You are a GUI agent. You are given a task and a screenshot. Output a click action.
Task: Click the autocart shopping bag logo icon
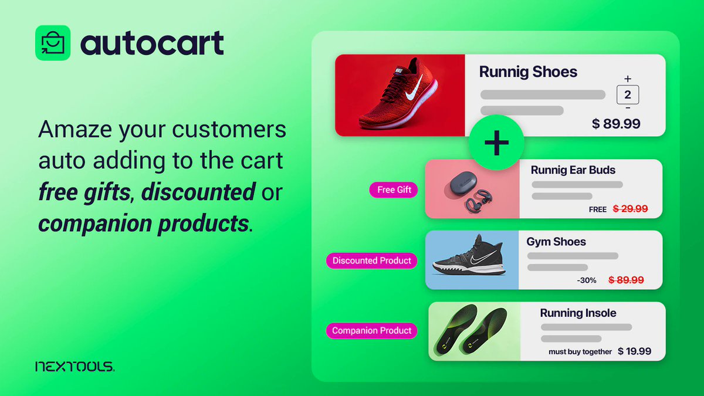pyautogui.click(x=53, y=43)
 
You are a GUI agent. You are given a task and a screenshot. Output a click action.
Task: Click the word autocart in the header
pyautogui.click(x=152, y=43)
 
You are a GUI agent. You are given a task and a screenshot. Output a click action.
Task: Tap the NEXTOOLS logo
pyautogui.click(x=75, y=367)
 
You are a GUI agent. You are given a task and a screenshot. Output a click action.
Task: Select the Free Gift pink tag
pyautogui.click(x=394, y=189)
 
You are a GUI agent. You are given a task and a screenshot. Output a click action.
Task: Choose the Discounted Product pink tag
pyautogui.click(x=372, y=260)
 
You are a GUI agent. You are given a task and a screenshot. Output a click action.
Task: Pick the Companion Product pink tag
pyautogui.click(x=372, y=330)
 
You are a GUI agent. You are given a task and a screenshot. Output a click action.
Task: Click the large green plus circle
pyautogui.click(x=496, y=143)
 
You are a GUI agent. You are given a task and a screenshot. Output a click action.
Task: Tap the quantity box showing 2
pyautogui.click(x=627, y=95)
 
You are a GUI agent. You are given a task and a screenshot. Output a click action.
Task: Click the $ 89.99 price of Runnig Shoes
pyautogui.click(x=616, y=124)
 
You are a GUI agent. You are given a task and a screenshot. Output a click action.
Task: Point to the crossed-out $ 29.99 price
pyautogui.click(x=630, y=208)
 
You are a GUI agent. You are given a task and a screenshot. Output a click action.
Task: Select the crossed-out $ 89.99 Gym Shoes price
pyautogui.click(x=626, y=280)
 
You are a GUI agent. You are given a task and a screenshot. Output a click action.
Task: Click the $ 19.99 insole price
pyautogui.click(x=634, y=351)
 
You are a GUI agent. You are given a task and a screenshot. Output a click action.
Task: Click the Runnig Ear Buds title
pyautogui.click(x=573, y=170)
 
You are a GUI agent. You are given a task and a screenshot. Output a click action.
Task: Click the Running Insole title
pyautogui.click(x=578, y=313)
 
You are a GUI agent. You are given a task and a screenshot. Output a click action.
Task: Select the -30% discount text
pyautogui.click(x=587, y=280)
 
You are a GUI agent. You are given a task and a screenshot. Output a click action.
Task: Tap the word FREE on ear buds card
pyautogui.click(x=598, y=209)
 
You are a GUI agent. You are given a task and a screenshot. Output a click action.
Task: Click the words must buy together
pyautogui.click(x=580, y=352)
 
